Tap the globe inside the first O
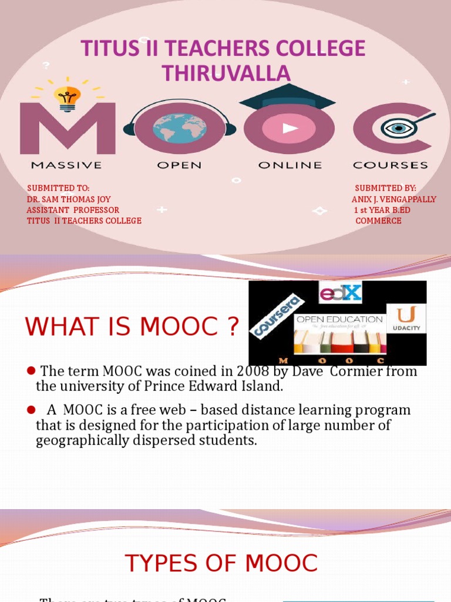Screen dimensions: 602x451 coord(180,129)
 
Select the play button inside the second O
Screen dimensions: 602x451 coord(289,129)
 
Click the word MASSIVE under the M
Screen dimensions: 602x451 coord(66,165)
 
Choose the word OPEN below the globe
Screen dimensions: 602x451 coord(179,165)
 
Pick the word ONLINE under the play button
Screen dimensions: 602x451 coord(290,165)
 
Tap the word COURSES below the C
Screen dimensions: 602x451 coord(391,165)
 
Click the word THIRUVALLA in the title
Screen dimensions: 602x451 coord(226,73)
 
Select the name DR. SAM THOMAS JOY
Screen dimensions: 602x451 coord(69,199)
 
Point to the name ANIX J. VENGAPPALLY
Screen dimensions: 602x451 coord(393,199)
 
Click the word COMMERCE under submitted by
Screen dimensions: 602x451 coord(378,220)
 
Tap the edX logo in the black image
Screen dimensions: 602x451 coord(340,292)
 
